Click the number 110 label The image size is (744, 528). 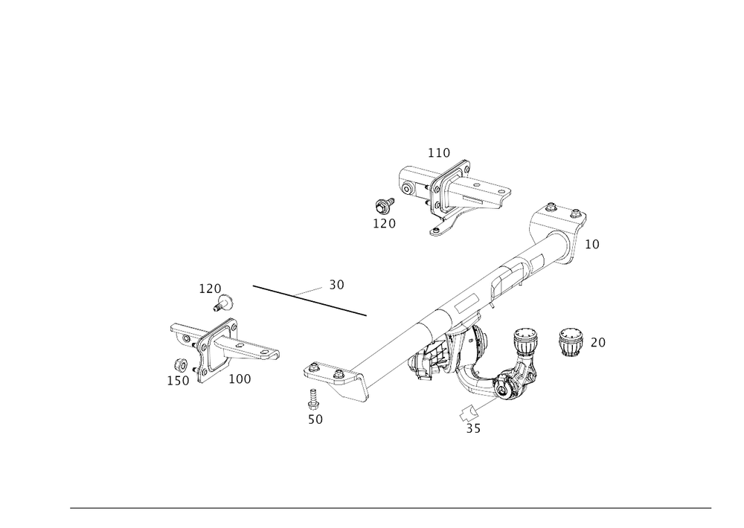tap(439, 152)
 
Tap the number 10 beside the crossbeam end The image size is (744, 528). tap(592, 243)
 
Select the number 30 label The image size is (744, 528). tap(337, 284)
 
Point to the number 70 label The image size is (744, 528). tap(597, 343)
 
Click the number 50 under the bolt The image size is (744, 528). tap(315, 419)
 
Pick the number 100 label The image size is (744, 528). tap(240, 379)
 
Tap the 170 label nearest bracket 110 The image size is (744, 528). tap(385, 222)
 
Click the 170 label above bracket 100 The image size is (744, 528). tap(210, 287)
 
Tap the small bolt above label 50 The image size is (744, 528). tap(313, 399)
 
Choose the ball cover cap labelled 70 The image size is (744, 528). tap(571, 342)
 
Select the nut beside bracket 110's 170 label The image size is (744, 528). tap(384, 206)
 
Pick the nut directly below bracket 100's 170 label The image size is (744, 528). tap(221, 303)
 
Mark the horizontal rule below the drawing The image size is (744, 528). tap(391, 509)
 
